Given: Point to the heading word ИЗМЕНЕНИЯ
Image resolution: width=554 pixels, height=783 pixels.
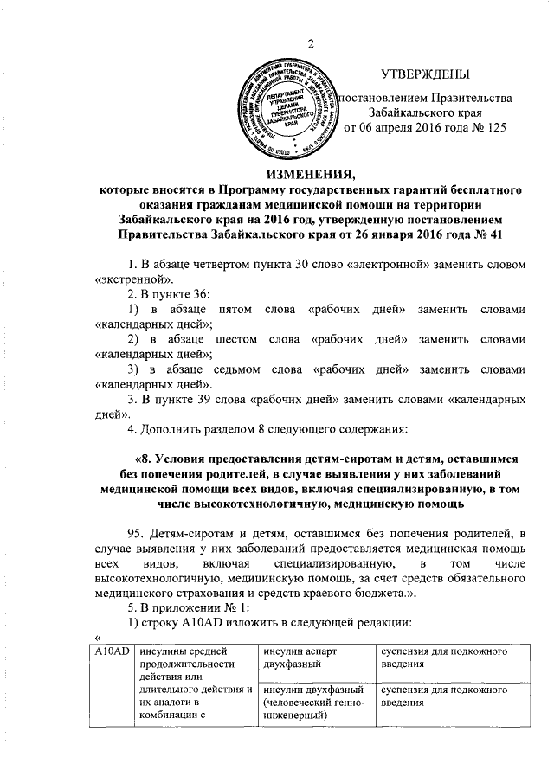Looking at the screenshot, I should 312,172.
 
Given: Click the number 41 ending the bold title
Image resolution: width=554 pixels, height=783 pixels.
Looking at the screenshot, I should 493,234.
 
